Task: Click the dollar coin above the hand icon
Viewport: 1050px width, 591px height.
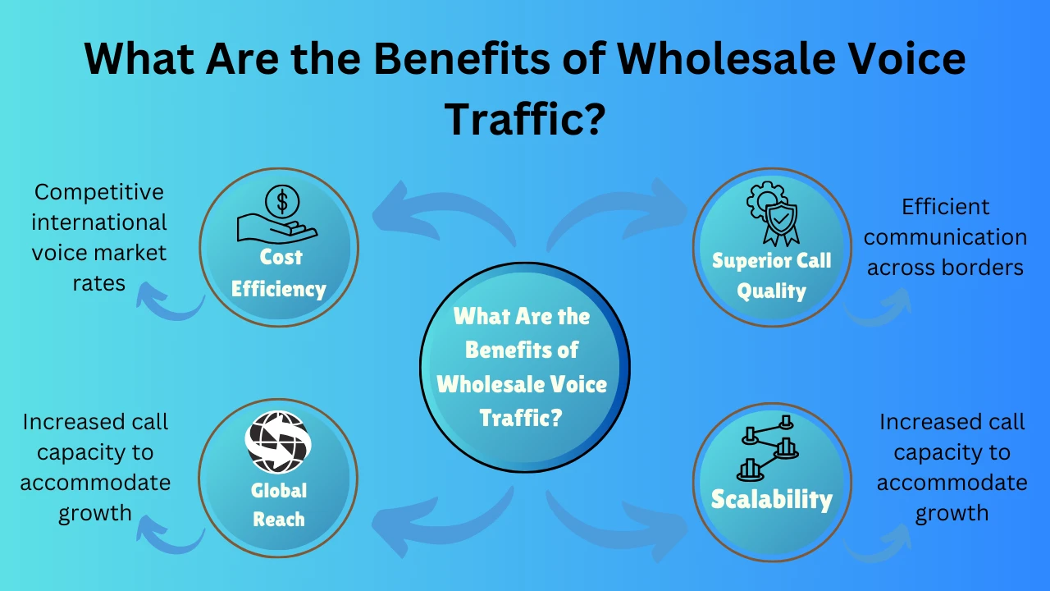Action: [281, 201]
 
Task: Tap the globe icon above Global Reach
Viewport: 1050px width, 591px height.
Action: [278, 442]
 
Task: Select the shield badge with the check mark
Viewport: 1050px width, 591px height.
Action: [780, 219]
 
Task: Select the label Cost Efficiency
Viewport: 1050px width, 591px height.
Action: [280, 273]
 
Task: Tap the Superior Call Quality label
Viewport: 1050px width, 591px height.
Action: [772, 276]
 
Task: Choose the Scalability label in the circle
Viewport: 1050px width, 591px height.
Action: [772, 499]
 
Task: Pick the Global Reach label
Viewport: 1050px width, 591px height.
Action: [279, 505]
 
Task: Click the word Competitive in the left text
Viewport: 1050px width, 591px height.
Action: [99, 192]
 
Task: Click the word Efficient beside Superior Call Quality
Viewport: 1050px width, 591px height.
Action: [946, 207]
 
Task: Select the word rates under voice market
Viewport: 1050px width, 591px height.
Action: [99, 283]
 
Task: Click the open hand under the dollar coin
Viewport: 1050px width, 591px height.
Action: [276, 228]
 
